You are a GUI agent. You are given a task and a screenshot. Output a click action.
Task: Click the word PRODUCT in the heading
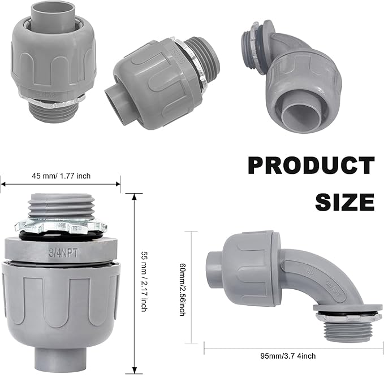(x=311, y=166)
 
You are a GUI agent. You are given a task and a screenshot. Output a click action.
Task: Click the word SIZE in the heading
(x=344, y=201)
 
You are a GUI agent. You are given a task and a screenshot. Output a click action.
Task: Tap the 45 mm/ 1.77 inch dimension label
(x=61, y=176)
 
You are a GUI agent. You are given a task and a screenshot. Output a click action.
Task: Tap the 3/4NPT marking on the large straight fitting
(x=61, y=251)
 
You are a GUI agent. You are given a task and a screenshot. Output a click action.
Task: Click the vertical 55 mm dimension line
(x=134, y=282)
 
